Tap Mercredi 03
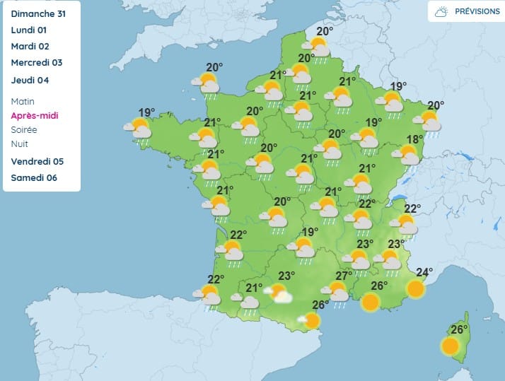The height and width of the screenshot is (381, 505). [x=37, y=62]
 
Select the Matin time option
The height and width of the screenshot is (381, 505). [x=23, y=102]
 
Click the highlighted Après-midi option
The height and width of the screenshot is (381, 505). [x=35, y=115]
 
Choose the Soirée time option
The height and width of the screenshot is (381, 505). [x=25, y=129]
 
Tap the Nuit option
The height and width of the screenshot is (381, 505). [x=20, y=143]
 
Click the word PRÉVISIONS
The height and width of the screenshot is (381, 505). [x=477, y=11]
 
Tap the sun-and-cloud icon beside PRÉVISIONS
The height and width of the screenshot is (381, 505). [x=441, y=11]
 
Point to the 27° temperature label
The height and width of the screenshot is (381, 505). [x=344, y=276]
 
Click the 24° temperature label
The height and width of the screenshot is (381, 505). [x=424, y=272]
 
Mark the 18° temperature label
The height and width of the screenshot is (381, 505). [x=414, y=139]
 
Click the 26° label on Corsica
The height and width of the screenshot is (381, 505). [x=460, y=329]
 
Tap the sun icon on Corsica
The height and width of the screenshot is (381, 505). [x=450, y=346]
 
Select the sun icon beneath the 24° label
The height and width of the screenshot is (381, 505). [x=416, y=288]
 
